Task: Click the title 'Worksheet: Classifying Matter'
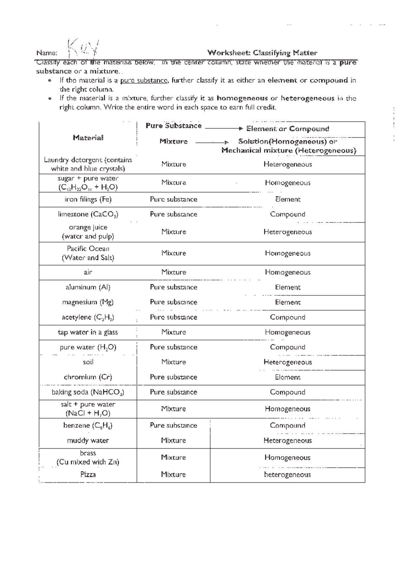coord(262,53)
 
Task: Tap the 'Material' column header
coord(88,138)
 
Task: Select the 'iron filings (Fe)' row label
coord(88,200)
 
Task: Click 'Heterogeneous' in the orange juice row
coord(287,232)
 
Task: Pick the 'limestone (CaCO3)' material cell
coord(88,214)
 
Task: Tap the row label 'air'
coord(88,272)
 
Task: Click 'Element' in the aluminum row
coord(288,287)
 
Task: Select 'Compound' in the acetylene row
coord(287,318)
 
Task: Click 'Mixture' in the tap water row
coord(174,332)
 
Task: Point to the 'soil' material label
coord(88,362)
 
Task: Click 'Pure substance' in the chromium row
coord(174,377)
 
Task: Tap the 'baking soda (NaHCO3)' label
coord(88,393)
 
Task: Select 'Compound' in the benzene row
coord(287,426)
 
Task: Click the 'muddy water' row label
coord(88,441)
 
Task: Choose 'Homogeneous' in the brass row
coord(287,458)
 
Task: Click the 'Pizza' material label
coord(88,475)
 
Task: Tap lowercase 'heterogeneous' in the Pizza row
coord(287,475)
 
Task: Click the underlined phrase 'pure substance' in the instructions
coord(144,81)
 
